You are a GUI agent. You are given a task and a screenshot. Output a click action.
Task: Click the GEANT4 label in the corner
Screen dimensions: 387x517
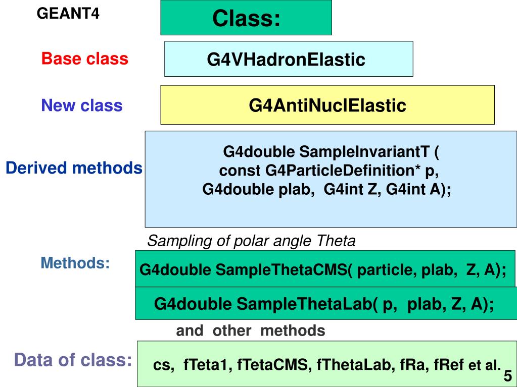pos(68,14)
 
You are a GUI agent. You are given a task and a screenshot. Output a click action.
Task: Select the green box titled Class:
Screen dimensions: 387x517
pos(246,18)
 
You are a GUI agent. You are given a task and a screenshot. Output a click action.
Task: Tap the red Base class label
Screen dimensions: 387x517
pos(85,59)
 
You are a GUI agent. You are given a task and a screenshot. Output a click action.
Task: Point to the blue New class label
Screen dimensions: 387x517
pos(82,105)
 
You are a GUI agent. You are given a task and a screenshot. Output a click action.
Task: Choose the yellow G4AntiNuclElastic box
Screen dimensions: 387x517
pos(327,106)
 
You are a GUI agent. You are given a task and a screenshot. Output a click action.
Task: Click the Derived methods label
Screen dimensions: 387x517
pos(74,168)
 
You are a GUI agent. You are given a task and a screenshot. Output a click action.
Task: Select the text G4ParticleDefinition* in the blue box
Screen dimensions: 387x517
pos(344,171)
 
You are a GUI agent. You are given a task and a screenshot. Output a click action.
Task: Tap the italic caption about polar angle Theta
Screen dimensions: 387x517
pos(251,241)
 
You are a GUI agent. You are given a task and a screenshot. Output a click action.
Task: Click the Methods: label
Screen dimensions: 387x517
pos(75,263)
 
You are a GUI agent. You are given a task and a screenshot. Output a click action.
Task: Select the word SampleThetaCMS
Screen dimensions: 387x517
pos(281,270)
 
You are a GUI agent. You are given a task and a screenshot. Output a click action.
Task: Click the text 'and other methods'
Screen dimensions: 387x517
pos(250,331)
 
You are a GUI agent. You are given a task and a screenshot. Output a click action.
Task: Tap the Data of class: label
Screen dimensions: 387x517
pos(73,360)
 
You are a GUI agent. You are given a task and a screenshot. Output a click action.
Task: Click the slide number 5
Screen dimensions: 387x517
pos(507,376)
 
